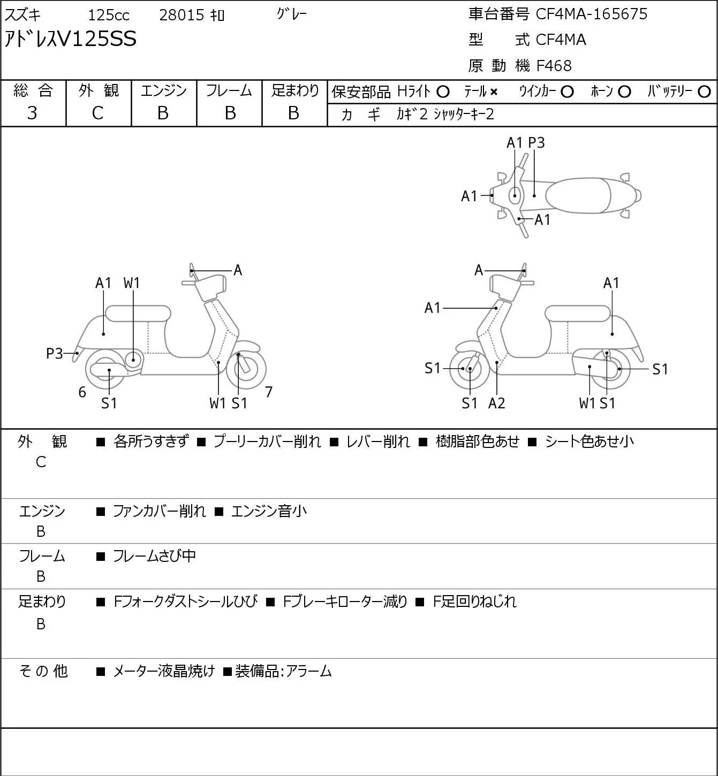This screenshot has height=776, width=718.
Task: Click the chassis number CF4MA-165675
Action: point(591,14)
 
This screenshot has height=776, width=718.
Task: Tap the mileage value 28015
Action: point(182,15)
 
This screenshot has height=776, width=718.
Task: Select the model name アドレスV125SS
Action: point(70,39)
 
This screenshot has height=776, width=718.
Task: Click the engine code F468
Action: point(554,66)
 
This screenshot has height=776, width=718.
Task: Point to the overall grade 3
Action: point(32,113)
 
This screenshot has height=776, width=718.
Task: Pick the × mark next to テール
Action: point(494,92)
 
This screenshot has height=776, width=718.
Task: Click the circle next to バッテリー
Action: point(704,92)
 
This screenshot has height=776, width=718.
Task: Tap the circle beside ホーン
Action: point(624,92)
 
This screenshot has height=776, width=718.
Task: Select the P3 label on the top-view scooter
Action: point(536,143)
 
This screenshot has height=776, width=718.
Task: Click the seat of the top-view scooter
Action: point(578,195)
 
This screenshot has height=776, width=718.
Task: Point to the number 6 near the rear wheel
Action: point(82,392)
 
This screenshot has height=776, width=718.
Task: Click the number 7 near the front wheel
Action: point(268,392)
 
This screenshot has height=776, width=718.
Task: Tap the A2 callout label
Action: point(497,403)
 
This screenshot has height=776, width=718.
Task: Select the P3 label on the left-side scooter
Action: point(55,354)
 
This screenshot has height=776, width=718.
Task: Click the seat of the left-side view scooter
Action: point(138,314)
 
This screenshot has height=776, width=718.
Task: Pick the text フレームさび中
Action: point(154,556)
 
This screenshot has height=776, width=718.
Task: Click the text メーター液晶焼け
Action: point(164,671)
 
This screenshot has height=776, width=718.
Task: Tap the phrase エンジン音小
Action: point(269,511)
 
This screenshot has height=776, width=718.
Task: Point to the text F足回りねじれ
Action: point(475,602)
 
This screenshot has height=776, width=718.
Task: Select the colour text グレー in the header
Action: point(291,14)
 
